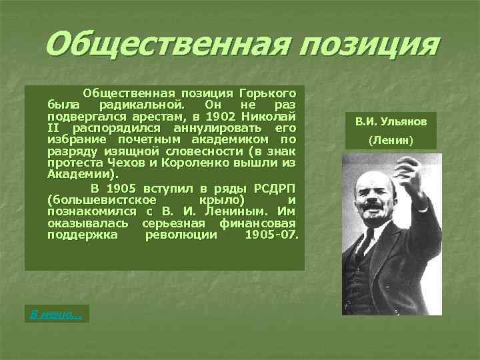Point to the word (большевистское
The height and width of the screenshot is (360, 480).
pyautogui.click(x=103, y=199)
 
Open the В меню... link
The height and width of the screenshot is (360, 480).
pyautogui.click(x=56, y=314)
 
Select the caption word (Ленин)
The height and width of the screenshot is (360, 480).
pyautogui.click(x=391, y=141)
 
